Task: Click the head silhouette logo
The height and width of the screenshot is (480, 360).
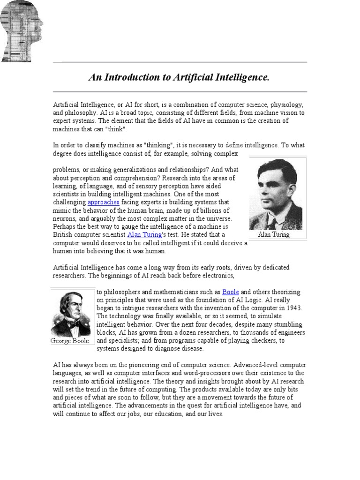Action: click(x=22, y=31)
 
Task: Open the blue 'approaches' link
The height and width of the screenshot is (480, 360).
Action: click(x=104, y=202)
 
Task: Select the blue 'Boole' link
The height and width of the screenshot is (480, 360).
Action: click(x=231, y=292)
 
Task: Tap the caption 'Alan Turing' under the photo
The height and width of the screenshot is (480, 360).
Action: click(x=274, y=235)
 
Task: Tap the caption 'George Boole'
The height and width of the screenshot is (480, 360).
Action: click(x=69, y=341)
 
